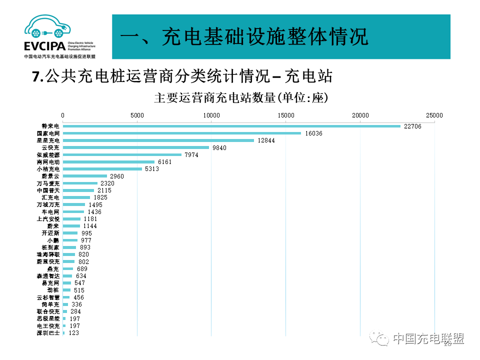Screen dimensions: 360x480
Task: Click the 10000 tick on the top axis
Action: click(211, 115)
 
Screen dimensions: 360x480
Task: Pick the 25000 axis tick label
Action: click(434, 115)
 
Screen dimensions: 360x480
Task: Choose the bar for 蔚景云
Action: click(85, 176)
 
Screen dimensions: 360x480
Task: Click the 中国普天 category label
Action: click(48, 190)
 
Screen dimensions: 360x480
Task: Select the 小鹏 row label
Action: click(53, 240)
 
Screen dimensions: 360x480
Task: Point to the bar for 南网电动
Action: click(108, 162)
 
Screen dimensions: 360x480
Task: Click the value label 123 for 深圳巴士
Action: click(74, 333)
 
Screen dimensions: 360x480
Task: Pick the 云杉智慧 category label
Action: click(48, 297)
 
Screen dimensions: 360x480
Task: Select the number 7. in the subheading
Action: click(37, 76)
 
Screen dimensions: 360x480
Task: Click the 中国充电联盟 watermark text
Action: click(428, 338)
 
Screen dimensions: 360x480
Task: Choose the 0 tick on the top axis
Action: click(63, 115)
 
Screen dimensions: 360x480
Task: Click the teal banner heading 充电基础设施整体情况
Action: click(245, 37)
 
